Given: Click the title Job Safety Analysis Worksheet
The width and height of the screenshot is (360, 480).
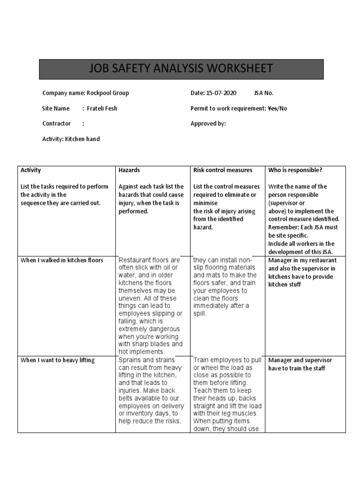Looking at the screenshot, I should pos(180,69).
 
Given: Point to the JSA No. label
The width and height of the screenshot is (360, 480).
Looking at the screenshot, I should pos(263,93).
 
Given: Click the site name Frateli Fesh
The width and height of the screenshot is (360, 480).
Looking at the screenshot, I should pos(102,109).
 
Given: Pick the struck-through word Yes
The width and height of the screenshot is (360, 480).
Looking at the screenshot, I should pos(272,109).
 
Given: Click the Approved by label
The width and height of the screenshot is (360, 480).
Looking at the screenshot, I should pos(208,124).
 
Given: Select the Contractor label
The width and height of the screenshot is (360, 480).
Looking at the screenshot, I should pos(56,124).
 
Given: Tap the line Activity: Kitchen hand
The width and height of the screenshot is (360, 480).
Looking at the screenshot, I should pos(71,139).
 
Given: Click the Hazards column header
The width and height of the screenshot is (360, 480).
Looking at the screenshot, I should pos(129,170).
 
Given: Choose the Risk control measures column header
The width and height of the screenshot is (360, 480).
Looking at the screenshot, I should pos(223,170).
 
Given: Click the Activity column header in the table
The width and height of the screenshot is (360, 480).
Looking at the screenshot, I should pos(31,170).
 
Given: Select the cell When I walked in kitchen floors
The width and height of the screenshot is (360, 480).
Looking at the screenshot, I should pos(62,260).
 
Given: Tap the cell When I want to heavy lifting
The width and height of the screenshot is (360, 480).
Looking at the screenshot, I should pos(58,360).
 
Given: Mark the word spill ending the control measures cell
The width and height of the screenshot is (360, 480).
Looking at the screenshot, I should pos(201,314).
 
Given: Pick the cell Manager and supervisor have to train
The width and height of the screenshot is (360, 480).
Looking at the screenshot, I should pos(300,364).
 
